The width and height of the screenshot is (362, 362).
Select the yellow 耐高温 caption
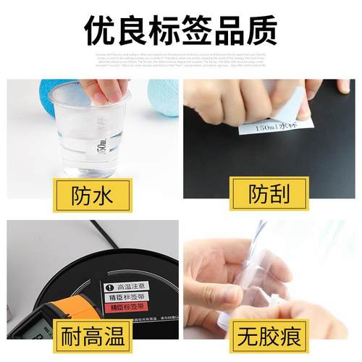pos(90,334)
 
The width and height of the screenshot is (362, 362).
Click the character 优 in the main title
pos(100,30)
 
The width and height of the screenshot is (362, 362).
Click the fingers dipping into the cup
pos(101,91)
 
